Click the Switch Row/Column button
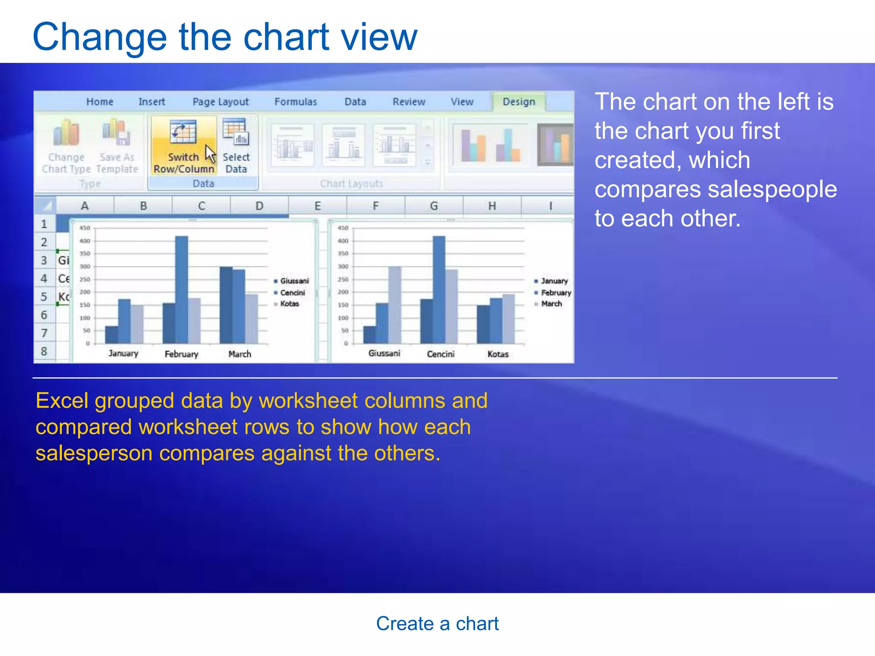coord(183,147)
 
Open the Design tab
coord(519,102)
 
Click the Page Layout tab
coord(220,102)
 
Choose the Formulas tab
coord(296,102)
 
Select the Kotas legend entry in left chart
coord(289,304)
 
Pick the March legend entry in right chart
coord(551,304)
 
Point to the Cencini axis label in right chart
coord(440,354)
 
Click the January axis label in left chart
coord(123,354)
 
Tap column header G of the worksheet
coord(434,206)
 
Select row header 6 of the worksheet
coord(44,315)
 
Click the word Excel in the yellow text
coord(62,401)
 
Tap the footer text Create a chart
coord(437,624)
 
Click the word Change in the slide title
coord(99,38)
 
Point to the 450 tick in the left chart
coord(85,228)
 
